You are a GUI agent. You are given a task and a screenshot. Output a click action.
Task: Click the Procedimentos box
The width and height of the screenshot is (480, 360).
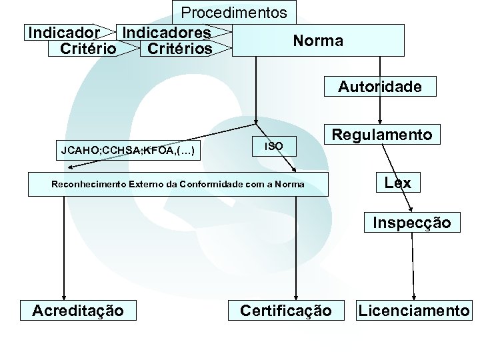[x=234, y=13]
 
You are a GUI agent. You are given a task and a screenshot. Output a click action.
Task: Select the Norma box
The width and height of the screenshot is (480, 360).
[x=318, y=41]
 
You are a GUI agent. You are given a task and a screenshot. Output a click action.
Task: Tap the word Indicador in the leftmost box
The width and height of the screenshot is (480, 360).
[x=64, y=32]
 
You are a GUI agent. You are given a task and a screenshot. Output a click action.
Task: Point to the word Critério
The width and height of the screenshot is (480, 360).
[x=88, y=49]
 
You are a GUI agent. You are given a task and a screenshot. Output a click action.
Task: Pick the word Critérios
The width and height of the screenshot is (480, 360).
[x=179, y=49]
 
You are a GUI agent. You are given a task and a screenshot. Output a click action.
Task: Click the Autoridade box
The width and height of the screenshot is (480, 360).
[x=379, y=87]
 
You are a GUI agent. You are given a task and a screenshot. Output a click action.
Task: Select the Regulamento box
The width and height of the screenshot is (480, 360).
[x=382, y=135]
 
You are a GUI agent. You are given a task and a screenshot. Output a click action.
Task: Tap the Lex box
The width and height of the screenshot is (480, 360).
[x=397, y=182]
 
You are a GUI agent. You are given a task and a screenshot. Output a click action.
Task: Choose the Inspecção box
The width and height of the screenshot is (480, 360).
[x=411, y=222]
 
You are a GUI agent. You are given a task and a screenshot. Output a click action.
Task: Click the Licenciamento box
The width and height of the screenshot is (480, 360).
[x=413, y=310]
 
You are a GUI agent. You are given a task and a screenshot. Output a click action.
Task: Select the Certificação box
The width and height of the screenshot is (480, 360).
[x=285, y=310]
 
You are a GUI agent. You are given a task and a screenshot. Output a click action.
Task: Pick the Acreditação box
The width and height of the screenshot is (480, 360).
[x=78, y=310]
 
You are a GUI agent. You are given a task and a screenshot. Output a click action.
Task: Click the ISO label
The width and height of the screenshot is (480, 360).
[x=274, y=145]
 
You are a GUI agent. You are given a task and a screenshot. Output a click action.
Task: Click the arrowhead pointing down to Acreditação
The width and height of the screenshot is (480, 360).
[x=64, y=298]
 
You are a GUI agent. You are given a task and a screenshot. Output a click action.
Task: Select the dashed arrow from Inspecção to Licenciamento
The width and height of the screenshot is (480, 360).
[x=413, y=267]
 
